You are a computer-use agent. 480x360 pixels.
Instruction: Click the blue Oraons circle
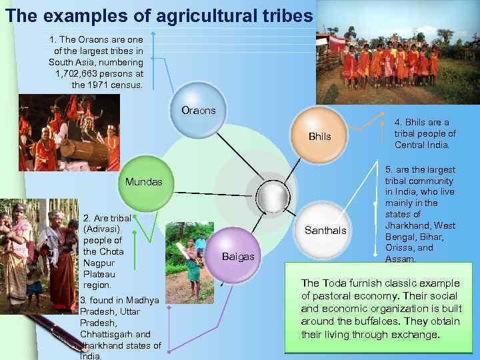click(x=199, y=111)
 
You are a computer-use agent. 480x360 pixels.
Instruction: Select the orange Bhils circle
click(x=319, y=137)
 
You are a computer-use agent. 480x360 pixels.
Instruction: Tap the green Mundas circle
click(x=144, y=181)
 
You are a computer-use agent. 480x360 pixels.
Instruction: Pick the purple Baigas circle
click(x=237, y=256)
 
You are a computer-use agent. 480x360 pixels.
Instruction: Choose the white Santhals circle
click(x=325, y=231)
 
